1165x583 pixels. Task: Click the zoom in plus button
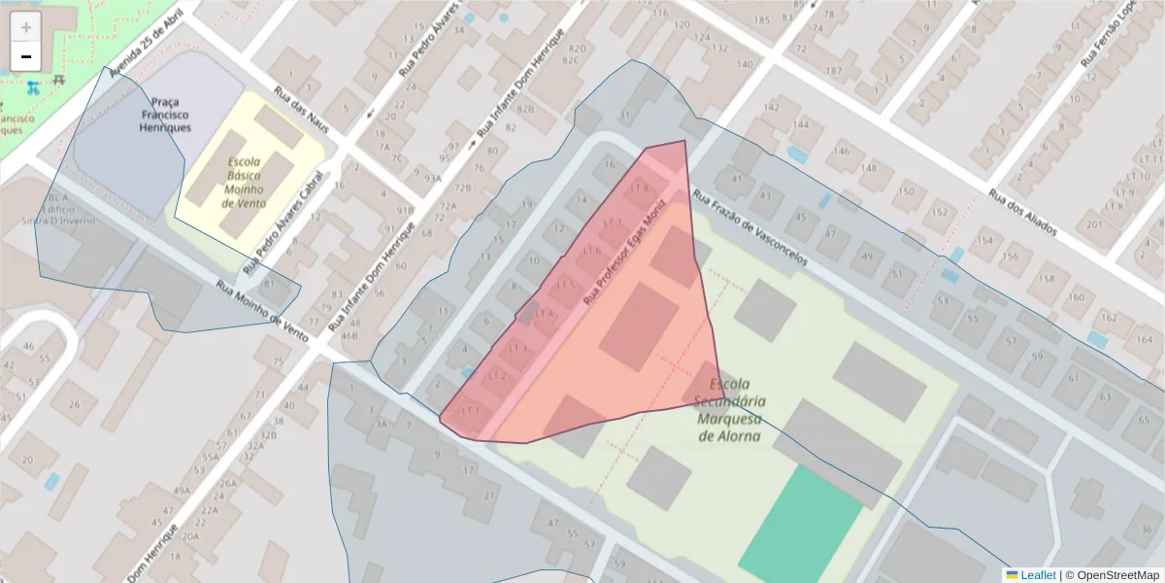pyautogui.click(x=26, y=27)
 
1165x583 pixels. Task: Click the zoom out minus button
pyautogui.click(x=26, y=56)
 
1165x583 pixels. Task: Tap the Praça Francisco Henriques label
pyautogui.click(x=165, y=114)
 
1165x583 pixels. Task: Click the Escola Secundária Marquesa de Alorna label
pyautogui.click(x=731, y=410)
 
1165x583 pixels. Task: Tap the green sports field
pyautogui.click(x=801, y=521)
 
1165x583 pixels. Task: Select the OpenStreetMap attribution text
pyautogui.click(x=1111, y=575)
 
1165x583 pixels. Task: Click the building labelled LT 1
pyautogui.click(x=472, y=411)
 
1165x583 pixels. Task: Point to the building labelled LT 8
pyautogui.click(x=639, y=188)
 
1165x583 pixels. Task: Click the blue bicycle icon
pyautogui.click(x=34, y=87)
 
